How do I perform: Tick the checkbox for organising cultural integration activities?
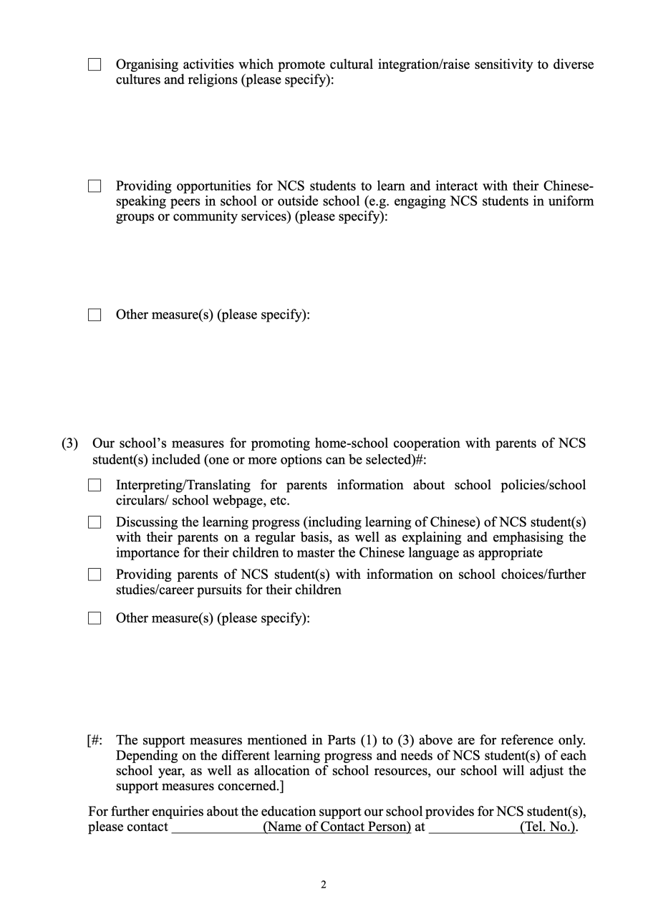pos(95,64)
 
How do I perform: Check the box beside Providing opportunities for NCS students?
pos(95,186)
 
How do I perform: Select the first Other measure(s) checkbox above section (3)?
pos(95,315)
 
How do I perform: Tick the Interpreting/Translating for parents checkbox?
pos(95,486)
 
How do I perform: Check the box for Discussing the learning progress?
pos(95,522)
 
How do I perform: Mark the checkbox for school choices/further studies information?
pos(95,575)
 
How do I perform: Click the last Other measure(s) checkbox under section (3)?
pos(95,618)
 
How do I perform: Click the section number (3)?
pos(69,443)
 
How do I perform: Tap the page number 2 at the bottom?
pos(324,885)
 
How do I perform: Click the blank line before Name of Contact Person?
pos(216,827)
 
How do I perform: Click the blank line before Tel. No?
pos(473,827)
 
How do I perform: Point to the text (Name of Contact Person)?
pos(337,827)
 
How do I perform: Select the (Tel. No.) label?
pos(547,827)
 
